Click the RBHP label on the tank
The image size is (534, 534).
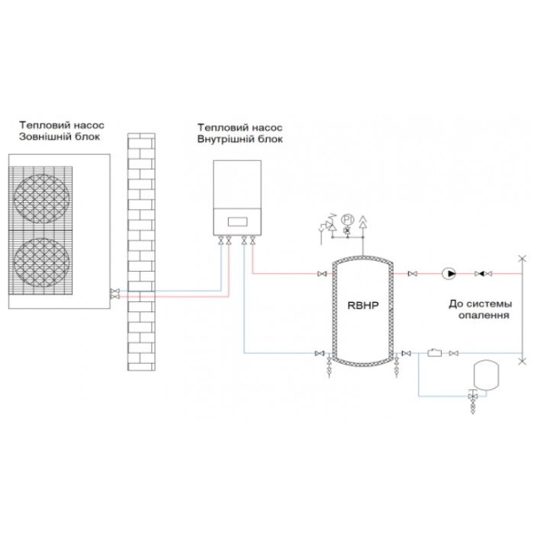click(362, 305)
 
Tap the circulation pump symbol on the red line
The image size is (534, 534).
click(449, 273)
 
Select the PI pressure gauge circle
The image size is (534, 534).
click(347, 220)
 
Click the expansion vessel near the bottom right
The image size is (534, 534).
click(486, 375)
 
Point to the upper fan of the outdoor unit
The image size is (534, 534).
click(41, 199)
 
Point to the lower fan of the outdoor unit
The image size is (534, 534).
click(41, 262)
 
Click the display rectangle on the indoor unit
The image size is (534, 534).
click(237, 222)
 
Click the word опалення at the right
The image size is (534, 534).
click(484, 315)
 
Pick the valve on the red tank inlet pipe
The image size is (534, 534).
click(322, 273)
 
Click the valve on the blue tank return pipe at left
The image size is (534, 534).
click(320, 353)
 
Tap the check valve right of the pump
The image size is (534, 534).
click(483, 273)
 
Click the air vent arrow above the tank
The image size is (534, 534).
click(363, 221)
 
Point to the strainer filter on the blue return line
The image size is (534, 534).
click(434, 352)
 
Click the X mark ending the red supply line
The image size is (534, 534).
click(522, 259)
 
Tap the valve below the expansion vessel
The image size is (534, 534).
click(473, 397)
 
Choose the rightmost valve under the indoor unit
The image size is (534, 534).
click(253, 240)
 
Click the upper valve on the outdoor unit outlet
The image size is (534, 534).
click(114, 291)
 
